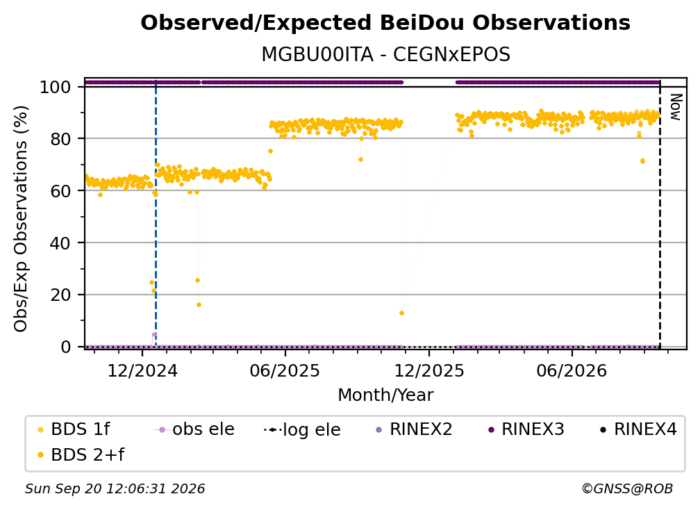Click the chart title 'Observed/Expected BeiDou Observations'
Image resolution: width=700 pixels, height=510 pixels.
(385, 23)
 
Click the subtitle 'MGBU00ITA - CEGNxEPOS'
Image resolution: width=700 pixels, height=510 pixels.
(385, 55)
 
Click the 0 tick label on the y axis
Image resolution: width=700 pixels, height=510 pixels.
(66, 347)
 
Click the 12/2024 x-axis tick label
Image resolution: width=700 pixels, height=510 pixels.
(142, 370)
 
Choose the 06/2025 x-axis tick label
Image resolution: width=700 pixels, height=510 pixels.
(285, 370)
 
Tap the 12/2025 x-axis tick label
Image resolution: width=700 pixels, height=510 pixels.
(429, 370)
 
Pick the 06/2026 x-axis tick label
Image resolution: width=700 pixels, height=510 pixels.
(572, 370)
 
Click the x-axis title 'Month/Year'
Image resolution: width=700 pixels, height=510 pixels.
(385, 395)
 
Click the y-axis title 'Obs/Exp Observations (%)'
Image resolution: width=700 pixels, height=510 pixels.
(21, 219)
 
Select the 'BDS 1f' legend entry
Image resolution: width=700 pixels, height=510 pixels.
(74, 429)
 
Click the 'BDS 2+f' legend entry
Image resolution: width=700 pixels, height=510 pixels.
(81, 454)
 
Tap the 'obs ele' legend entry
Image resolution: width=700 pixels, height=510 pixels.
(194, 429)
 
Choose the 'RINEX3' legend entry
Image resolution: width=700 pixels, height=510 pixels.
(527, 429)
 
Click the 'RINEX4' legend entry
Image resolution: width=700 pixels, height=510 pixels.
(639, 429)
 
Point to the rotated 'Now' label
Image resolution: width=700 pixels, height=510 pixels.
(676, 107)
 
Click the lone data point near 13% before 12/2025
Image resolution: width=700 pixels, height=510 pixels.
(402, 313)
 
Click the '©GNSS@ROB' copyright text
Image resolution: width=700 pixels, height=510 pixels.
(627, 488)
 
